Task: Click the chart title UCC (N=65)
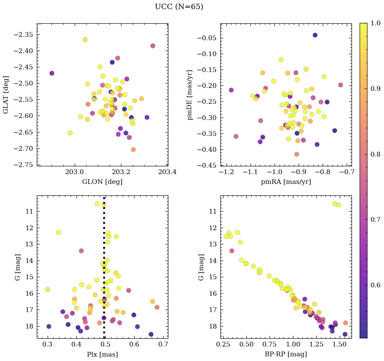coord(179,7)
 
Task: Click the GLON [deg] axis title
coord(102,182)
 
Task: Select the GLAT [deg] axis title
coord(6,95)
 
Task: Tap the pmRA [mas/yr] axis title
coord(286,182)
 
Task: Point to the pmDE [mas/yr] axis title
coord(190,95)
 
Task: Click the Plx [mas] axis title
coord(102,354)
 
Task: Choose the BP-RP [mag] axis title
coord(286,354)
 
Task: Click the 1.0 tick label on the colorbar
coord(376,23)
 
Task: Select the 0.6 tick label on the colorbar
coord(376,285)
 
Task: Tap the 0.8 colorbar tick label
coord(376,154)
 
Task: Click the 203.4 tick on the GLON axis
coord(168,172)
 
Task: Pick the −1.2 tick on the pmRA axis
coord(226,172)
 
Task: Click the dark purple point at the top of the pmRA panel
coord(315,35)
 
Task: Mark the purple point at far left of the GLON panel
coord(52,73)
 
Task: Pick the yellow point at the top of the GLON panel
coord(85,40)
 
